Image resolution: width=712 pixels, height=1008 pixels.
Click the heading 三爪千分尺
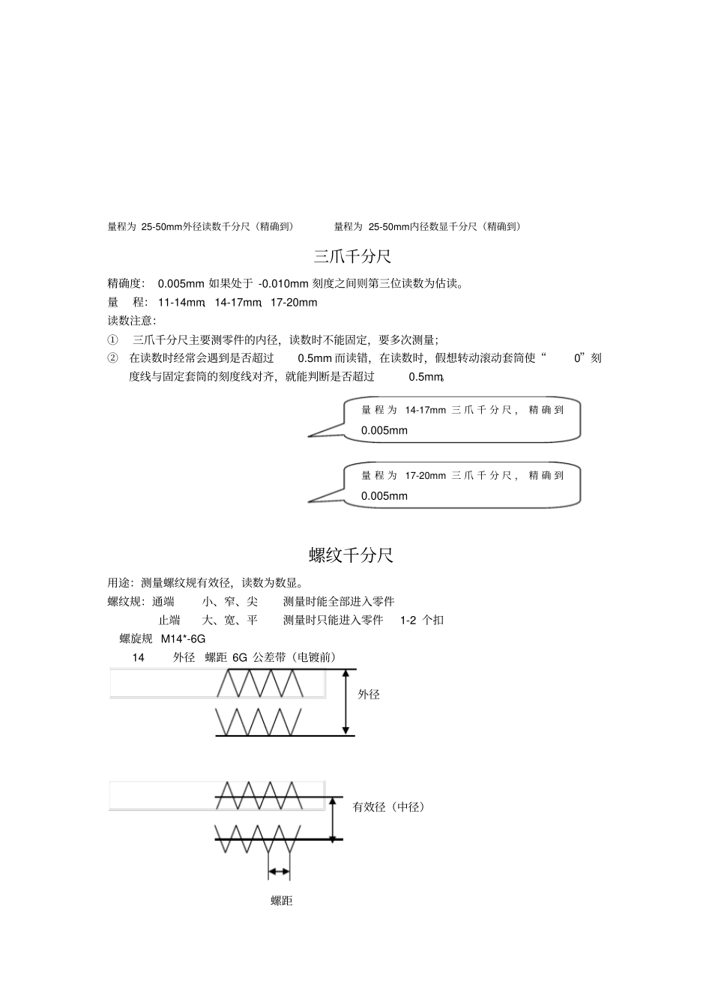[352, 257]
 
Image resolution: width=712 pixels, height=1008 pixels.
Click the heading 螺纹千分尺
[351, 555]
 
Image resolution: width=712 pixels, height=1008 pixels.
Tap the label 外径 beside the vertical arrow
[369, 695]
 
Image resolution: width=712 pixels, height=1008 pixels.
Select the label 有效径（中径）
[390, 807]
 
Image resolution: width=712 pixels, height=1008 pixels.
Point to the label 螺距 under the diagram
[282, 901]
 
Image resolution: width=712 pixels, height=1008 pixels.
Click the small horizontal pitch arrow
[279, 871]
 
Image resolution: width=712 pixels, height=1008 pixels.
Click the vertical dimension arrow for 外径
[346, 702]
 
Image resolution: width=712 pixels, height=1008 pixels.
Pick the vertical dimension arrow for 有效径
[333, 818]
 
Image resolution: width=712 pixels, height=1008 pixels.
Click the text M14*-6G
[183, 639]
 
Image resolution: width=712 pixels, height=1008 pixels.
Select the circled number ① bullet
[113, 339]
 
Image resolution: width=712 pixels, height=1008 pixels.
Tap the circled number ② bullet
[113, 358]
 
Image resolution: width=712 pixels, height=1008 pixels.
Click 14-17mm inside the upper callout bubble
[425, 410]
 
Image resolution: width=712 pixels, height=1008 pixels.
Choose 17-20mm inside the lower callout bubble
[425, 475]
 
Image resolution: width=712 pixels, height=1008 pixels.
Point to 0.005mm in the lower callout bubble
[384, 496]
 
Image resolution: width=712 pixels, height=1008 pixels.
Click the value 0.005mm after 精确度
[181, 283]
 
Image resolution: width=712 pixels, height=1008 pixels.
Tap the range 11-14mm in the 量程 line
[181, 303]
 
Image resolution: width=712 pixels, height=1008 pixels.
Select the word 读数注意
[130, 321]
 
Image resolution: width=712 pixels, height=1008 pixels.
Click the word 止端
[169, 620]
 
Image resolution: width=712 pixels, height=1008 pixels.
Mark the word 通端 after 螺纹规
[163, 601]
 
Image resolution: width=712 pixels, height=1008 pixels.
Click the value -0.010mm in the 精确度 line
[283, 283]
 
